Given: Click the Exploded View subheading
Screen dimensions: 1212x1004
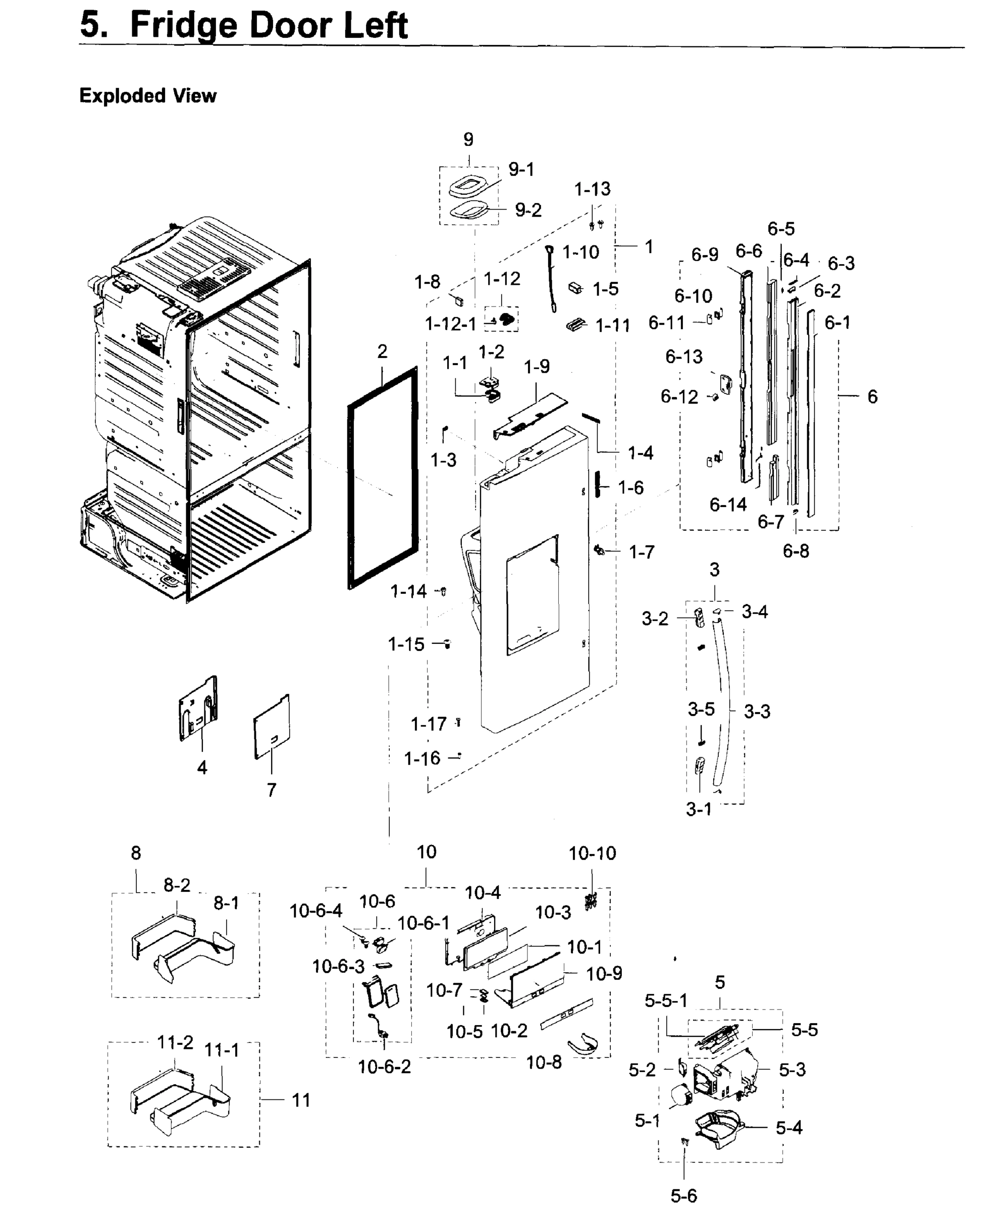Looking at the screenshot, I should pos(148,96).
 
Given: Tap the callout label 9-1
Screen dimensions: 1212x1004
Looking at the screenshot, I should pos(521,170).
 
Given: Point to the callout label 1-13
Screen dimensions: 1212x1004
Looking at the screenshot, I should pos(592,189).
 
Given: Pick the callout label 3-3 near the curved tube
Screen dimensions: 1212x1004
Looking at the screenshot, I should pos(757,712).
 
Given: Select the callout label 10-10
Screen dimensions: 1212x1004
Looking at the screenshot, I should pos(592,853).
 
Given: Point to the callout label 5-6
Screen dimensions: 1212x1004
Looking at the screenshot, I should pos(684,1196).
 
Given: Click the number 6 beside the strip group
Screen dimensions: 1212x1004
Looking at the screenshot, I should pos(872,396).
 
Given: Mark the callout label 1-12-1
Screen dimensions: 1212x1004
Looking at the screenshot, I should pos(451,324).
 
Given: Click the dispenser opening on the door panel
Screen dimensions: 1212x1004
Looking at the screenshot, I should pos(533,594).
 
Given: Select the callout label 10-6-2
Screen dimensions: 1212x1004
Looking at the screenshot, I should pos(384,1067).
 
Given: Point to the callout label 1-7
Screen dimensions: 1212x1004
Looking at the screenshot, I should pos(641,552).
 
